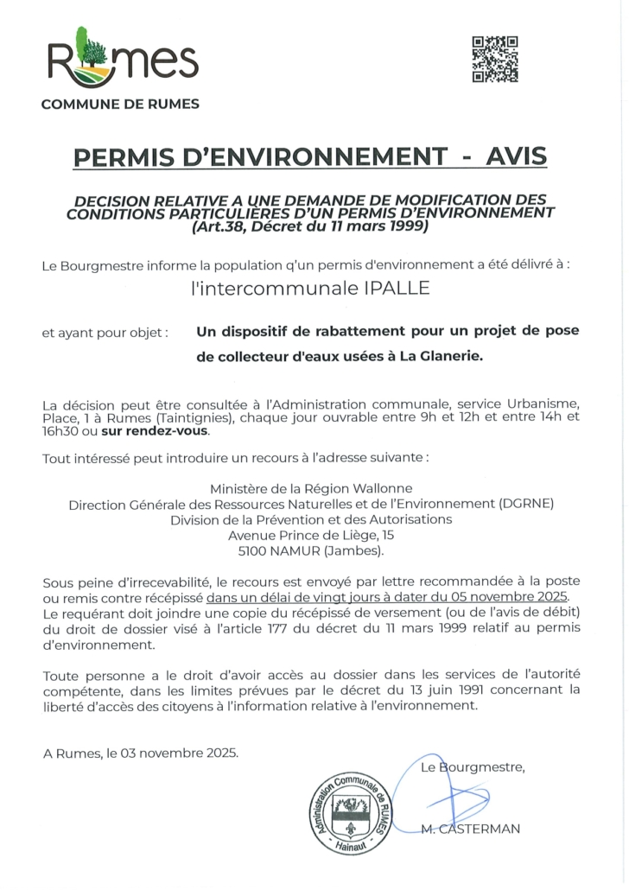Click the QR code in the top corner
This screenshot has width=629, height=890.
point(495,59)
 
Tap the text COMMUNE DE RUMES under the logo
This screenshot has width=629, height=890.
point(120,105)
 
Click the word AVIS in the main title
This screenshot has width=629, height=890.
point(517,157)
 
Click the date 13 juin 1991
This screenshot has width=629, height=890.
point(441,690)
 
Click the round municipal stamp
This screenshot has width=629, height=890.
point(349,813)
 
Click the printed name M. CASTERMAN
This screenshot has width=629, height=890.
point(470,829)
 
